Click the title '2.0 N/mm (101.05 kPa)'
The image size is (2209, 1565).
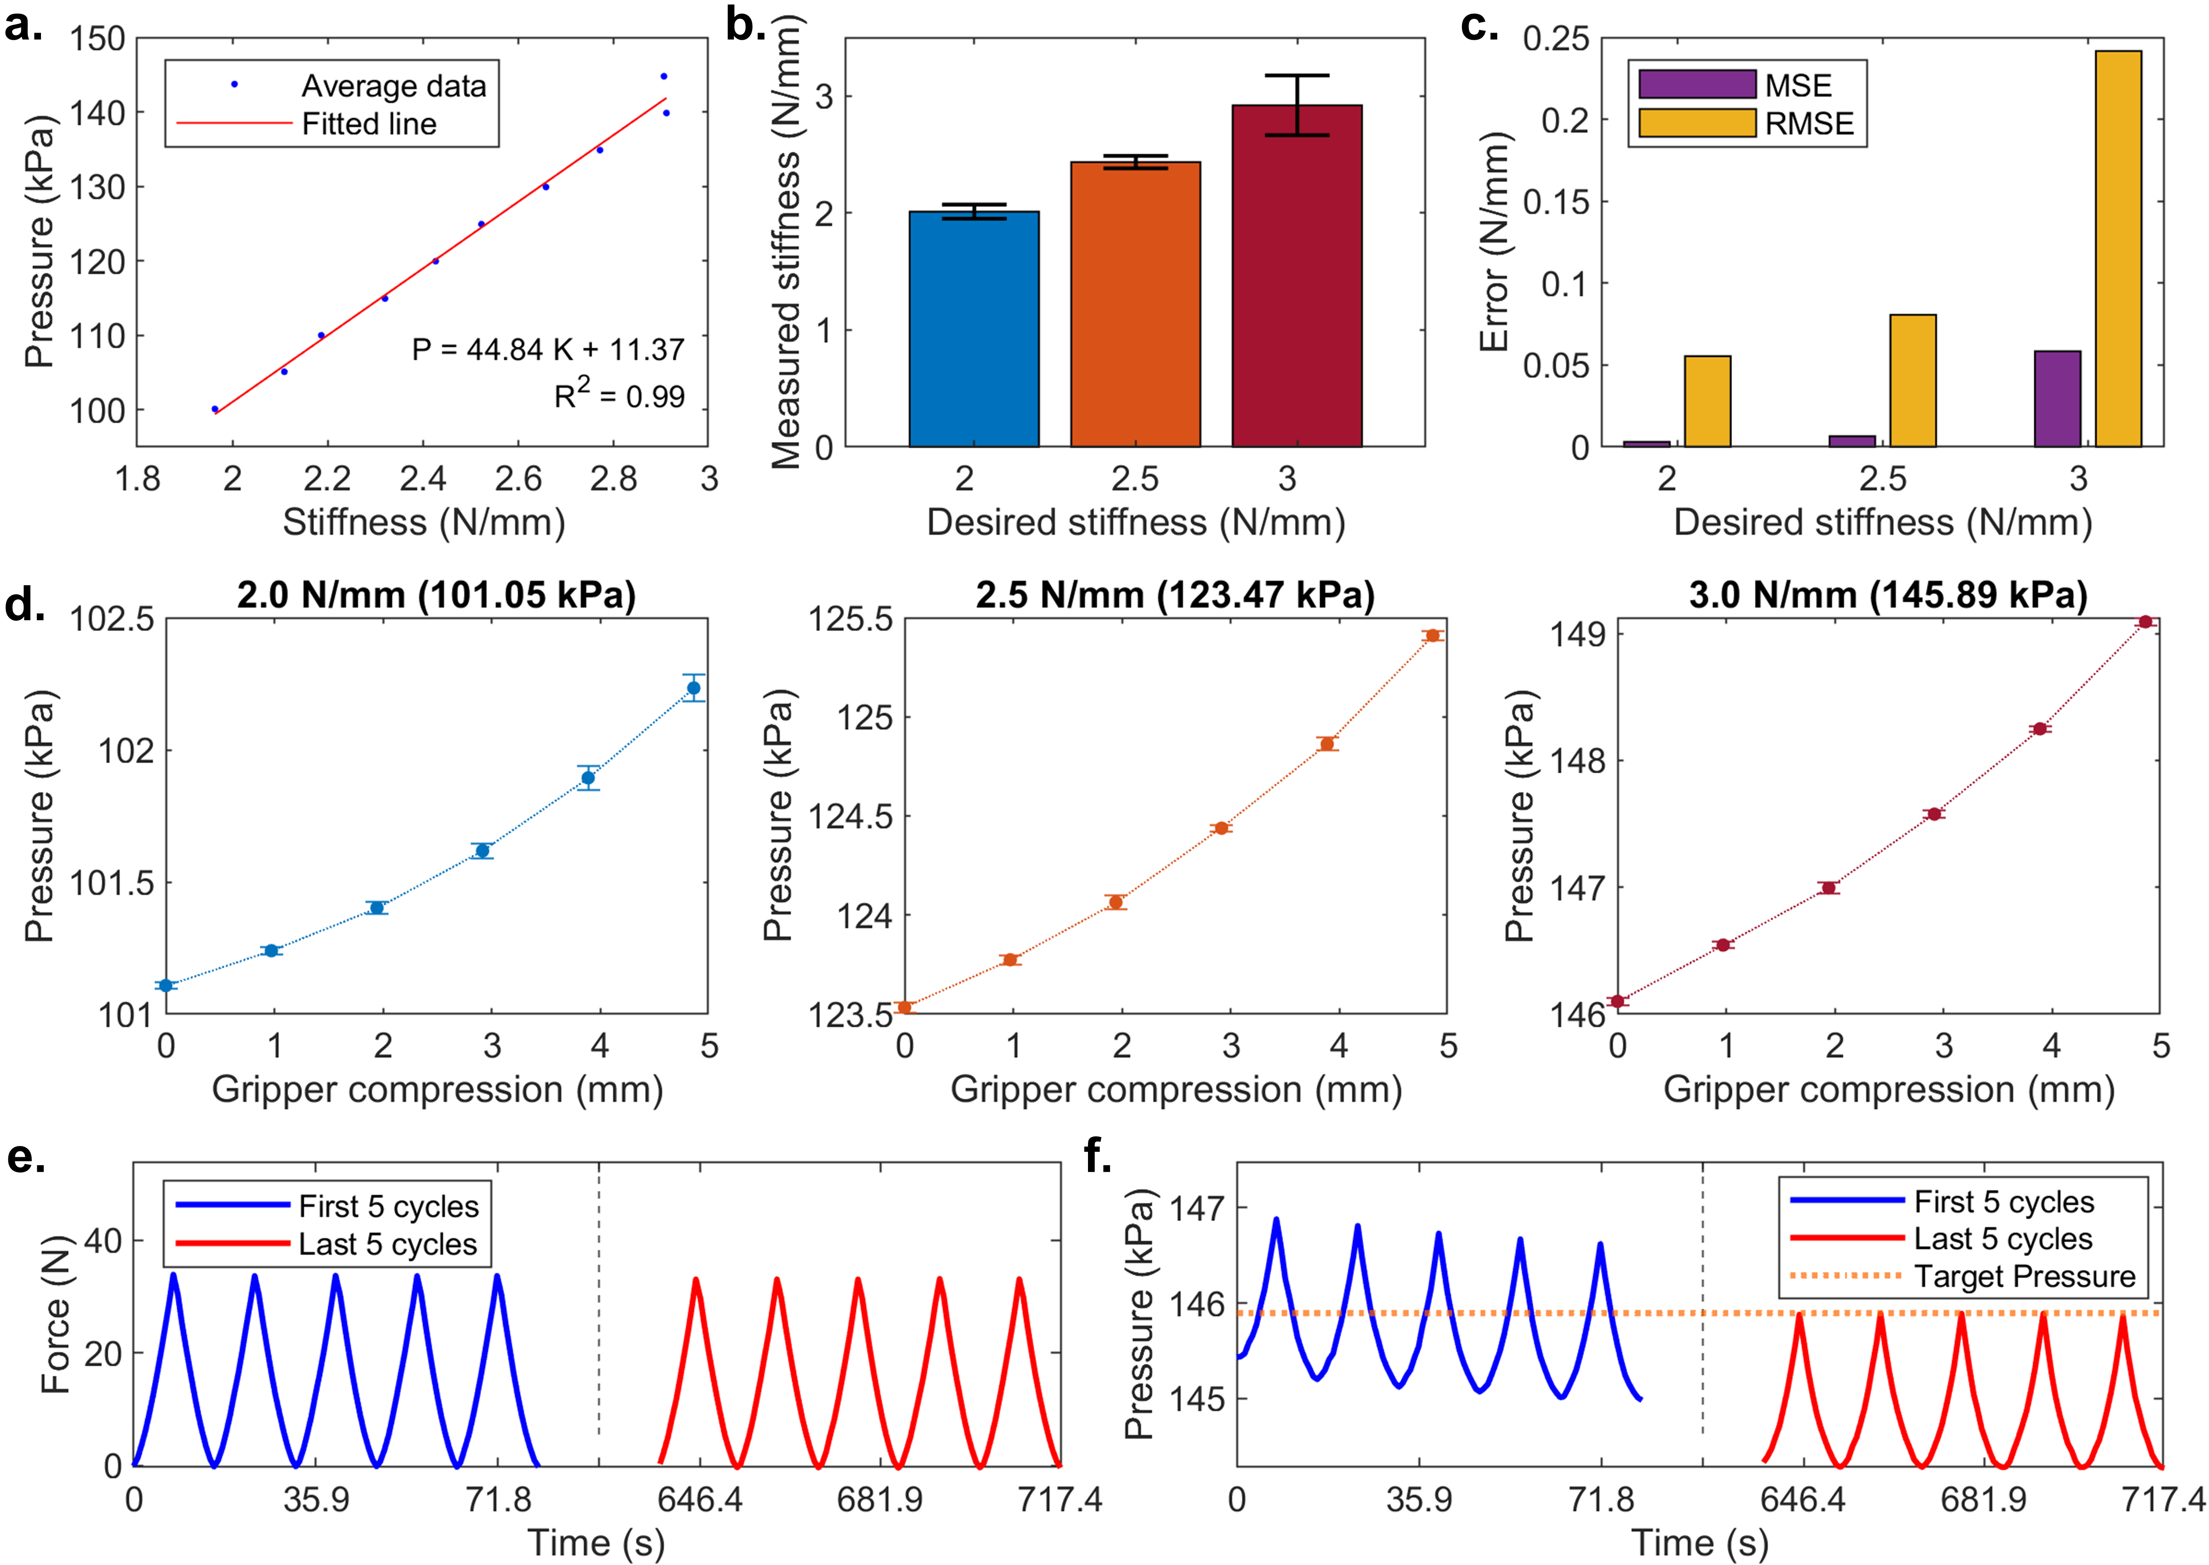437,595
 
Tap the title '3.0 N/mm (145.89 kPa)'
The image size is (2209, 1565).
1888,595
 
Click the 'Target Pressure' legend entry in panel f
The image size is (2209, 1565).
2024,1276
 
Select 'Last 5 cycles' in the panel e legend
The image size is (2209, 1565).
387,1244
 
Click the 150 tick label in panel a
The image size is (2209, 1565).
97,39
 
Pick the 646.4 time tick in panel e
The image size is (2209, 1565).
700,1499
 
